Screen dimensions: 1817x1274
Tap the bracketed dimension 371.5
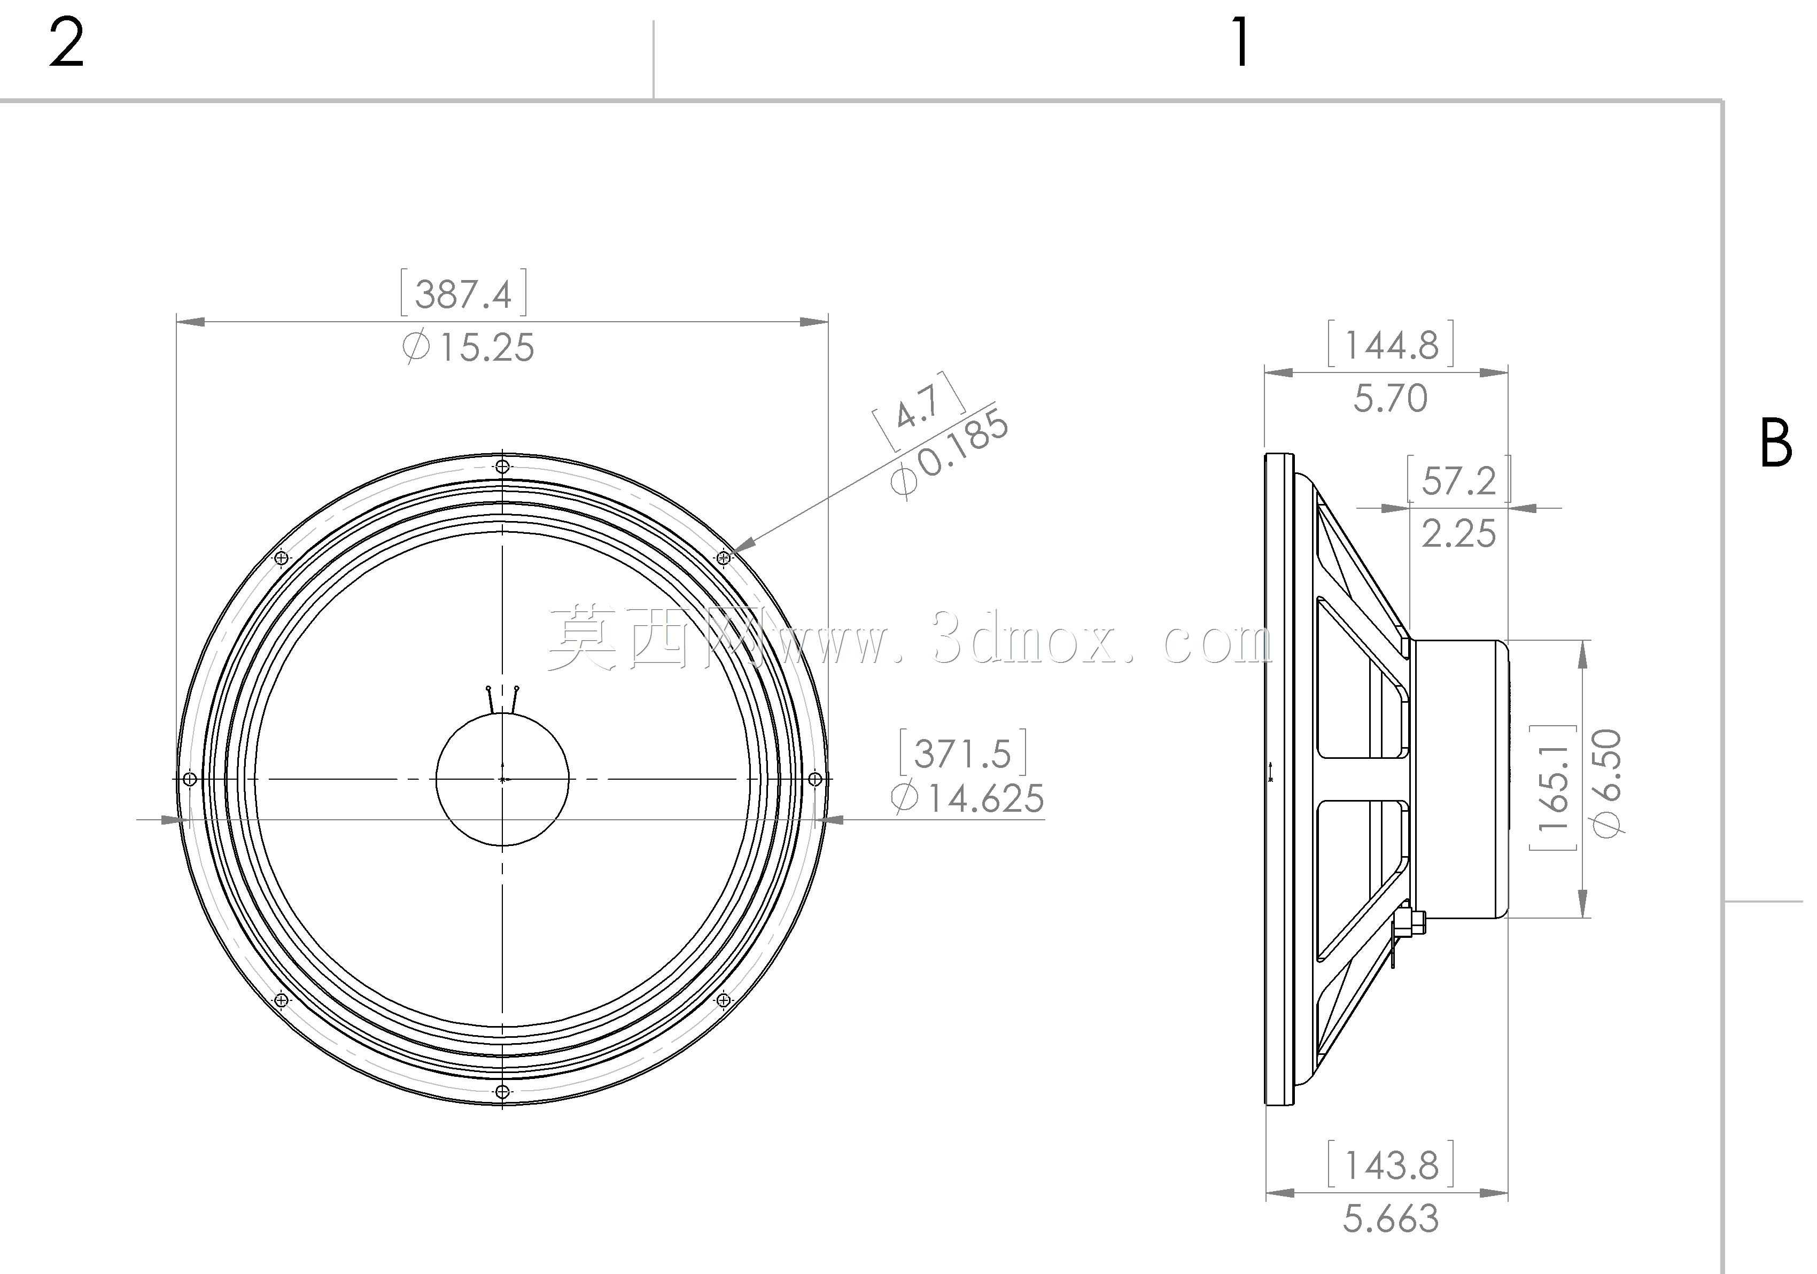click(x=963, y=753)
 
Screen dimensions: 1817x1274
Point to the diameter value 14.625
click(x=967, y=798)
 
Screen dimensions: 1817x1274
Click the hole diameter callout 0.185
click(x=950, y=453)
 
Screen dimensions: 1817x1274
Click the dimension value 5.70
click(x=1391, y=398)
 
